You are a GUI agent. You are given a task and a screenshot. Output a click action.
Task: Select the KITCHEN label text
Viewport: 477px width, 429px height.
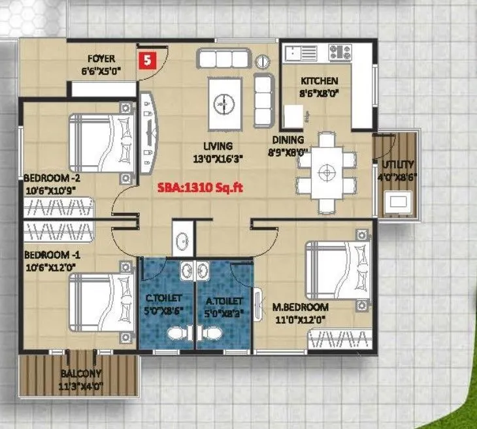click(x=319, y=81)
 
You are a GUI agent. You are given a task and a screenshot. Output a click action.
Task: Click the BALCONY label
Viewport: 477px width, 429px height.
click(x=81, y=373)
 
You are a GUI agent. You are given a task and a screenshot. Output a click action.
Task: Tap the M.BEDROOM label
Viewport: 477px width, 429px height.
click(x=301, y=307)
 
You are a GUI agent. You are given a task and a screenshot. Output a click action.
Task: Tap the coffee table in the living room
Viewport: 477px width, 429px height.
click(x=224, y=103)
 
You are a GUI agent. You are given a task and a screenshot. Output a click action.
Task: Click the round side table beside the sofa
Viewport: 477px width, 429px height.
click(x=263, y=62)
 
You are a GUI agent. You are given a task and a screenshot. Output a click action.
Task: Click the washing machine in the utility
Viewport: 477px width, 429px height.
click(x=397, y=201)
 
